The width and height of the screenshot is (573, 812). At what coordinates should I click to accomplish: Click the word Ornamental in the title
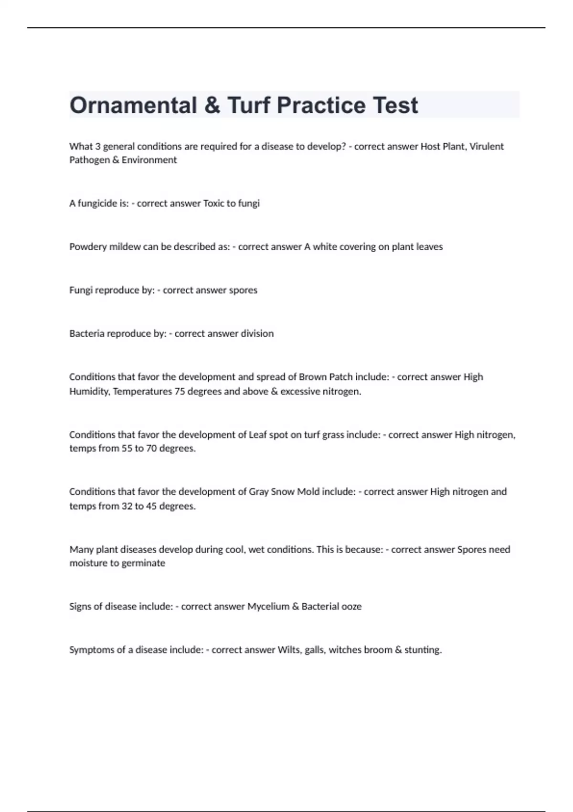click(133, 106)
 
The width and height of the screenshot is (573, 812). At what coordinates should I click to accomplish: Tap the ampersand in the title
click(212, 106)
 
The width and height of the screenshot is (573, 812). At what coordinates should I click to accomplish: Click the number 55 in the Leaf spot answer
click(127, 449)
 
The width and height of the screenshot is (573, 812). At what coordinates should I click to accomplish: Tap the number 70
click(151, 449)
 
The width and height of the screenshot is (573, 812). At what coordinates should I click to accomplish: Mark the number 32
click(127, 506)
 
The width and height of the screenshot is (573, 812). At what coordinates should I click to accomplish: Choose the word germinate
click(143, 563)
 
